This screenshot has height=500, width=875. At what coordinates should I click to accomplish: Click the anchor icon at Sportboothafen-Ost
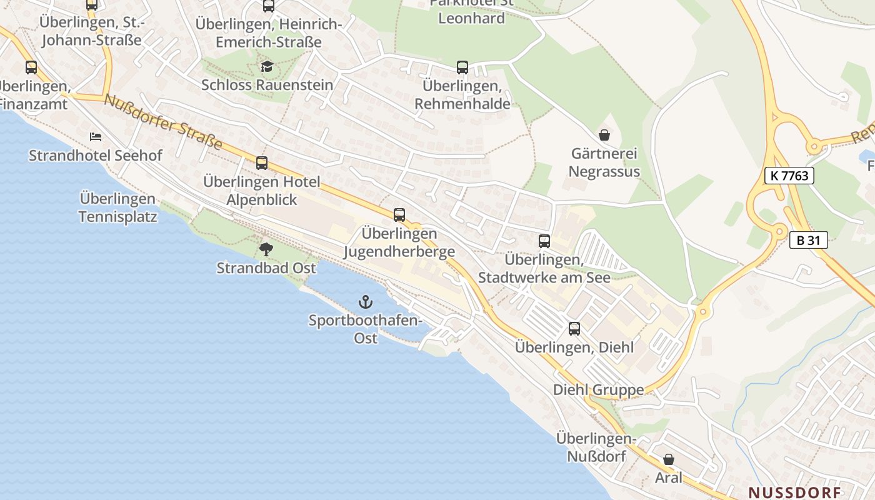click(365, 302)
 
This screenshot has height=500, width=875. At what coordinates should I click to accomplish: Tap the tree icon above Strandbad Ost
click(266, 249)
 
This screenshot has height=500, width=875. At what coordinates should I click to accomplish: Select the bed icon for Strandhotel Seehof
click(95, 136)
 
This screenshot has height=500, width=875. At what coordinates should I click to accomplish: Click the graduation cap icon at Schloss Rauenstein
click(267, 66)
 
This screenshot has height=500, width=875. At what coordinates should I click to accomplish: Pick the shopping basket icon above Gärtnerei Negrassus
click(604, 134)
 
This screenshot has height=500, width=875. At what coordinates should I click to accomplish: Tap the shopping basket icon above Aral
click(669, 459)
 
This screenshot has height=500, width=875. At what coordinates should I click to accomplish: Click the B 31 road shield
click(808, 240)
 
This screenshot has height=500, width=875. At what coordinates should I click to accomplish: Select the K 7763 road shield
click(789, 176)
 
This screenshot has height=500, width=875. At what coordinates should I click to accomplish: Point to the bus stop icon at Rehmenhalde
click(462, 67)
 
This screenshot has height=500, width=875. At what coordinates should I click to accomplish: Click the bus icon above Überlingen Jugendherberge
click(399, 215)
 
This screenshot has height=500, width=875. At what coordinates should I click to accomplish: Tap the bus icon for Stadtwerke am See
click(544, 241)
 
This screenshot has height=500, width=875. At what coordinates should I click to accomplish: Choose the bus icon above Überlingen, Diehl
click(574, 329)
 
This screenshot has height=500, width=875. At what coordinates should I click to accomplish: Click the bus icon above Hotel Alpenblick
click(262, 163)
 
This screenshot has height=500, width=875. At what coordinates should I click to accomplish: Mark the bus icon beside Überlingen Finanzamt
click(31, 67)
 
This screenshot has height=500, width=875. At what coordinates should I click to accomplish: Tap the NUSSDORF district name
click(794, 492)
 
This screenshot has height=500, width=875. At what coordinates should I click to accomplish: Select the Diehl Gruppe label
click(598, 390)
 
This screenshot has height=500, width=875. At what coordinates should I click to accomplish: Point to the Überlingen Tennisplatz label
click(117, 207)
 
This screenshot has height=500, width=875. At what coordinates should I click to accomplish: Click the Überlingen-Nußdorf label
click(596, 447)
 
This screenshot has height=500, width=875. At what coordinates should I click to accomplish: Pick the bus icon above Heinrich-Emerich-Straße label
click(269, 6)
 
